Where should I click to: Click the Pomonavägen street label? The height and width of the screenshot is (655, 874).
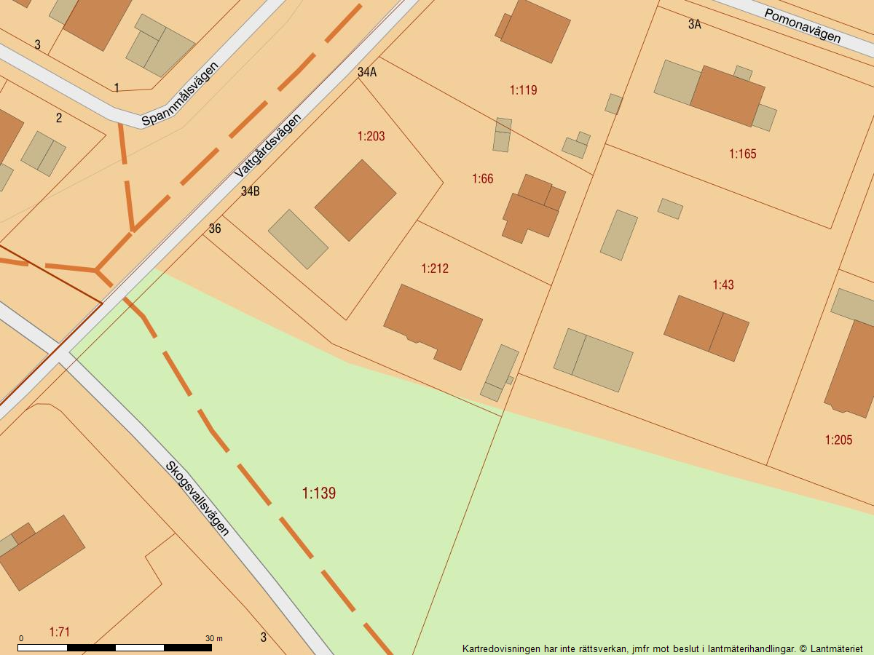tap(802, 25)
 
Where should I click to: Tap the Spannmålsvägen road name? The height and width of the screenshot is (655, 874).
tap(180, 93)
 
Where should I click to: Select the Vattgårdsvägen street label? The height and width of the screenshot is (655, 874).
tap(267, 146)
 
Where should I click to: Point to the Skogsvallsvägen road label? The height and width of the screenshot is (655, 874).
tap(197, 498)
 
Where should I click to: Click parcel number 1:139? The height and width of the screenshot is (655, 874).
tap(319, 493)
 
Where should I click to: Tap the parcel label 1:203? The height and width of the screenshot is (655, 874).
tap(371, 136)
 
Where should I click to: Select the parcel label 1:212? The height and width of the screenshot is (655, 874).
tap(435, 269)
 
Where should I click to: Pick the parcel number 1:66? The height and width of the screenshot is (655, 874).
tap(482, 178)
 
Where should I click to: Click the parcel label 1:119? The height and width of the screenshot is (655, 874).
tap(523, 90)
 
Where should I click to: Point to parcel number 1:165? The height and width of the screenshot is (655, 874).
tap(743, 154)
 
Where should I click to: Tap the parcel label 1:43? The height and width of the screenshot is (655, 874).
tap(723, 285)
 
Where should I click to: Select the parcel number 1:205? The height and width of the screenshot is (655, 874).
tap(838, 440)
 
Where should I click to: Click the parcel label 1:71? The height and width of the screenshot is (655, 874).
tap(60, 632)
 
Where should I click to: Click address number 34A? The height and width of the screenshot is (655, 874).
tap(367, 72)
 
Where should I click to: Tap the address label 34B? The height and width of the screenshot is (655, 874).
tap(251, 191)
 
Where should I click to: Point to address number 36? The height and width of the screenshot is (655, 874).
tap(215, 229)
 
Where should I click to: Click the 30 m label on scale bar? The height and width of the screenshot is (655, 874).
tap(213, 638)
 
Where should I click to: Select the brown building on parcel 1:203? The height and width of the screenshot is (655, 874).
tap(355, 200)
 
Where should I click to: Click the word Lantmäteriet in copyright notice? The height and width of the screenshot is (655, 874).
tap(836, 648)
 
